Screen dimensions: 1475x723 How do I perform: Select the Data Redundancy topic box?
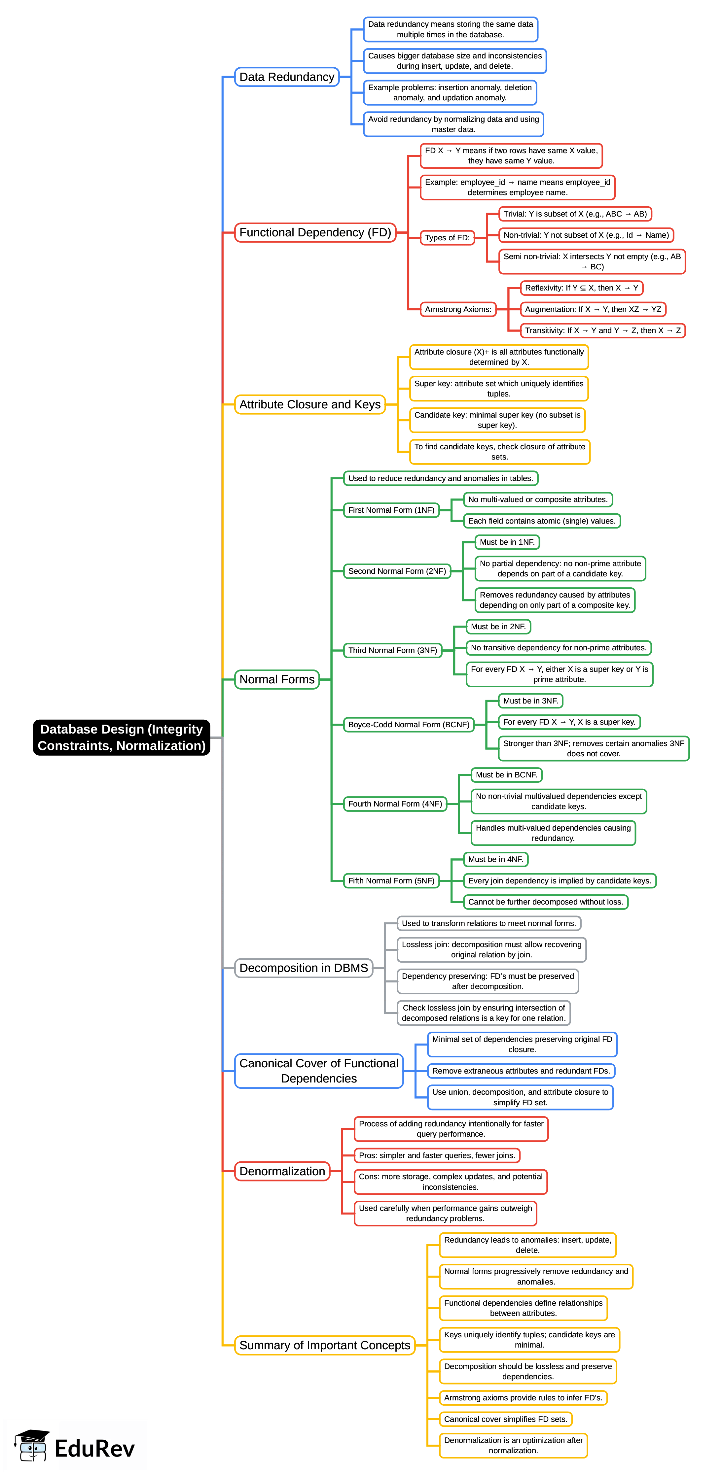pos(286,77)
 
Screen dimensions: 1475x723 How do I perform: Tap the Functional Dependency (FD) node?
pos(315,232)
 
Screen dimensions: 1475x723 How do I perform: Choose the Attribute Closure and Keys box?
pos(309,404)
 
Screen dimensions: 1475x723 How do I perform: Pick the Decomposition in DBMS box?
pos(303,968)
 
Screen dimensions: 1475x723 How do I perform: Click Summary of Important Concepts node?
pos(324,1345)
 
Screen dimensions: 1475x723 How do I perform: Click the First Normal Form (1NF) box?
pos(391,510)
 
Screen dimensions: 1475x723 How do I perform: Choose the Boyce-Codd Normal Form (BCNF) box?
pos(409,724)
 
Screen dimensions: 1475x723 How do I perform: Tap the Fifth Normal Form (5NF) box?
pos(391,881)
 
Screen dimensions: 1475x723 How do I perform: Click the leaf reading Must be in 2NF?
pos(498,627)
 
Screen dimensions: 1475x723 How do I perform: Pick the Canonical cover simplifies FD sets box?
pos(506,1419)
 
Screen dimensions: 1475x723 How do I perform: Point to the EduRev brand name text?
pos(94,1449)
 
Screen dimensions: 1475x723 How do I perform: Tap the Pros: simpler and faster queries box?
pos(437,1155)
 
